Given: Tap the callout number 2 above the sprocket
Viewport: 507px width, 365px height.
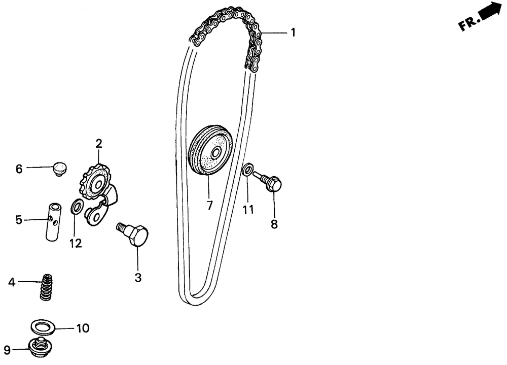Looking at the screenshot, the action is click(x=99, y=144).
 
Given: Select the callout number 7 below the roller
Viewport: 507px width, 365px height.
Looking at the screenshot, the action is click(x=209, y=206).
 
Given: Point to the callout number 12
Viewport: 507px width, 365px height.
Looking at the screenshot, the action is click(x=76, y=244).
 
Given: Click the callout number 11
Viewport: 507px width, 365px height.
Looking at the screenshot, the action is click(x=247, y=209).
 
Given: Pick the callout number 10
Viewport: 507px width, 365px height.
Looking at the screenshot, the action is click(x=83, y=328).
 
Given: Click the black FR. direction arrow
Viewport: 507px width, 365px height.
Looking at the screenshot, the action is click(x=488, y=12).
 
